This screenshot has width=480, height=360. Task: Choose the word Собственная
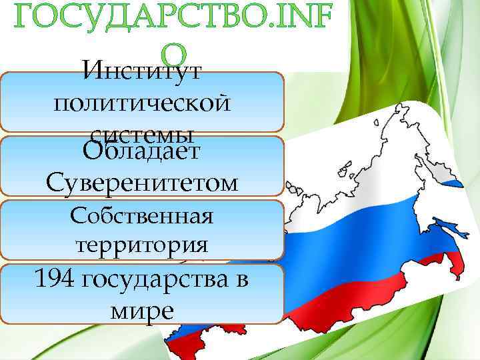(x=141, y=216)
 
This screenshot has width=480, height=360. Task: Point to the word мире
(x=140, y=310)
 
